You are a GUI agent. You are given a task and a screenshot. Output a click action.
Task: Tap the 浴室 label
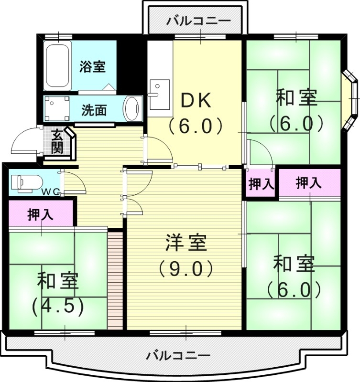92,66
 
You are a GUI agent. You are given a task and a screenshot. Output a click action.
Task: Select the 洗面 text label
94,110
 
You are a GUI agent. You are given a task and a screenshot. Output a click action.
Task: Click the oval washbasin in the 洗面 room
131,108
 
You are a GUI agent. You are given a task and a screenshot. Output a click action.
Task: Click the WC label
50,192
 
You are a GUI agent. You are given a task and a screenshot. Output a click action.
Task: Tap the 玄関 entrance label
57,141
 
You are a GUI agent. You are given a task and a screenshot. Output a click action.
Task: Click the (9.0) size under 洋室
185,269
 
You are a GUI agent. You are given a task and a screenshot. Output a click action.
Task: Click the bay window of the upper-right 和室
350,99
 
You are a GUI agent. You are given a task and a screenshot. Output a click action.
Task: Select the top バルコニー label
199,21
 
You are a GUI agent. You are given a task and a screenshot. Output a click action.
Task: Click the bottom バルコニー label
178,356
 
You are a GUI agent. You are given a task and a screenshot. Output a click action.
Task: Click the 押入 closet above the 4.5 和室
40,214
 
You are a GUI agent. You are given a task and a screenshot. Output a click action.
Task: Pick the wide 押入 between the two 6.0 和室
309,182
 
